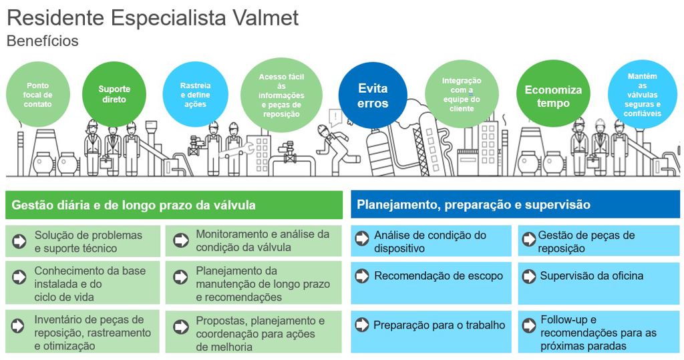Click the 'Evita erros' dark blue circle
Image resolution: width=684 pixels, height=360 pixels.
pos(373,96)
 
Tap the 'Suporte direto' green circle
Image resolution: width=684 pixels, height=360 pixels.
pos(114,94)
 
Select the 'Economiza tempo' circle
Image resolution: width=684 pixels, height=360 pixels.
pos(553,94)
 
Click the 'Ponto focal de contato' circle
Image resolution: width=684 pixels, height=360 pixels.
pos(38,95)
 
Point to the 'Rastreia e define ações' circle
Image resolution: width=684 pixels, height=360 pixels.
pos(196,95)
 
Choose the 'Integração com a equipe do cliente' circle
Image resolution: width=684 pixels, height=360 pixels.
pos(462,95)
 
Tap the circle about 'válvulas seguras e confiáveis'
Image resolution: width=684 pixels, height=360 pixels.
pos(643,95)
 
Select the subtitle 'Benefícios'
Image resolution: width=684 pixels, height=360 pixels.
pos(43,41)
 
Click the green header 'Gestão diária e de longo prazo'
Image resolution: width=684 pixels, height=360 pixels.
pos(174,205)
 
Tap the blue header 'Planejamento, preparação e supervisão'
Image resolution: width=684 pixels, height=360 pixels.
pos(515,204)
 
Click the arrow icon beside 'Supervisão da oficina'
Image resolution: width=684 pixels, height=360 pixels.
pos(529,276)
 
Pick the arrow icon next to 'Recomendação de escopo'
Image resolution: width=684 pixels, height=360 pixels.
pos(361,276)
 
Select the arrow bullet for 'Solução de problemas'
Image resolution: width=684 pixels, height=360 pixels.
pos(19,241)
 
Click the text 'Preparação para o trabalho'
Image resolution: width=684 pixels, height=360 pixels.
pos(440,325)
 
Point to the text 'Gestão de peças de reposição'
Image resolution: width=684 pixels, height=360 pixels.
pos(586,242)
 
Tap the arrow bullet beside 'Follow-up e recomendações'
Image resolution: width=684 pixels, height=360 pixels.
pos(529,325)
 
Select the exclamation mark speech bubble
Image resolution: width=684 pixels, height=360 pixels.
pos(336,118)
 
